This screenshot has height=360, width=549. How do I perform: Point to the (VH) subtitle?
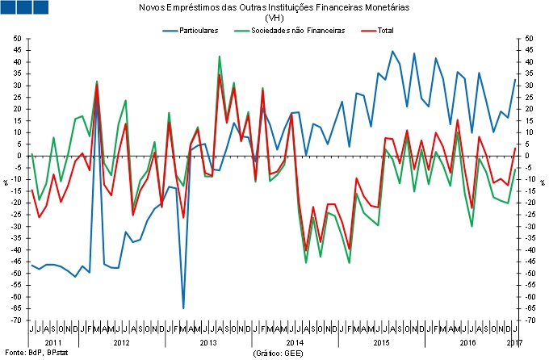pos(274,18)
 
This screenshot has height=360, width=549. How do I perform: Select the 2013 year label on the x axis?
pos(207,343)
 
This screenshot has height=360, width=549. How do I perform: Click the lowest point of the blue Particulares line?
pos(183,308)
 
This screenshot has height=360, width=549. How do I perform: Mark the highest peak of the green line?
pos(220,57)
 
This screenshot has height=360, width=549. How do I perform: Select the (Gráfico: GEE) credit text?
pos(278,353)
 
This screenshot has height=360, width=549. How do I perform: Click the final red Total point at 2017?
pos(515,149)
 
